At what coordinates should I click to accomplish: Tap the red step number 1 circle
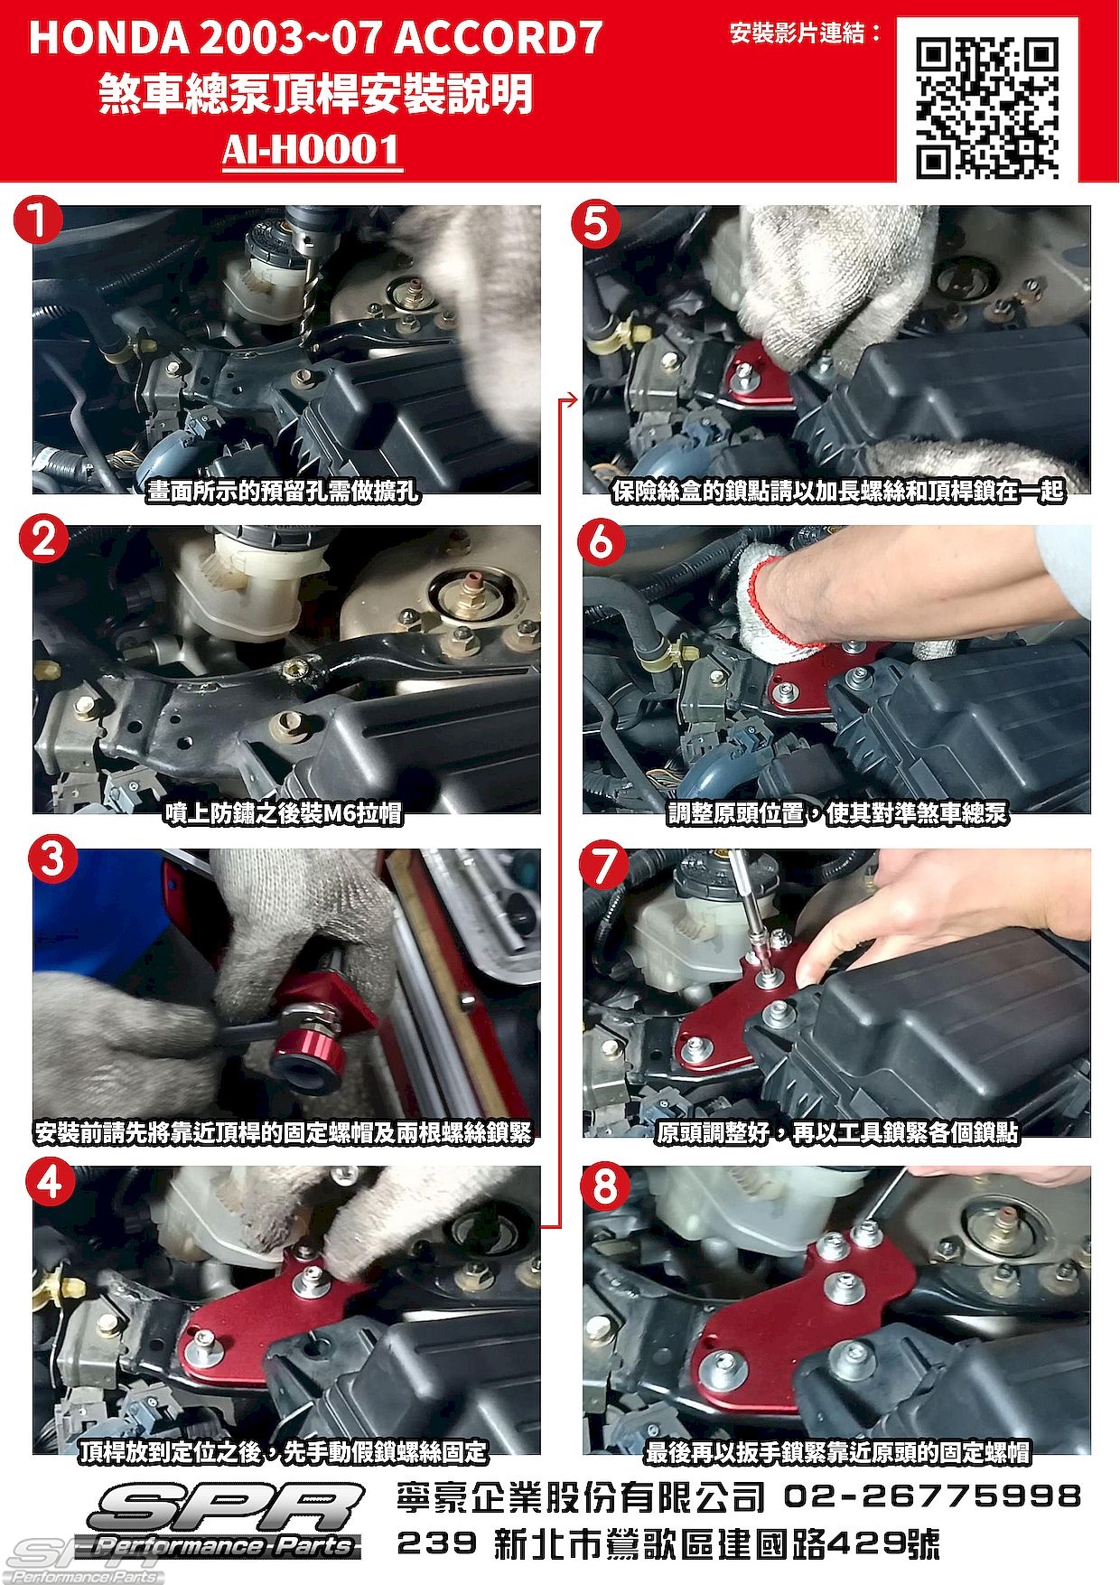coord(39,222)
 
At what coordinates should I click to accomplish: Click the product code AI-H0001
coord(312,150)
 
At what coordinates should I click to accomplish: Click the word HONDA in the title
coord(108,38)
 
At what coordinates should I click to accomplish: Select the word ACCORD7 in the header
coord(498,38)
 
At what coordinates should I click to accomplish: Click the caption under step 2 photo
coord(283,813)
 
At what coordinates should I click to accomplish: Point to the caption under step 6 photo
coord(836,813)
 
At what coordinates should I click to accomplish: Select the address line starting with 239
coord(668,1543)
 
